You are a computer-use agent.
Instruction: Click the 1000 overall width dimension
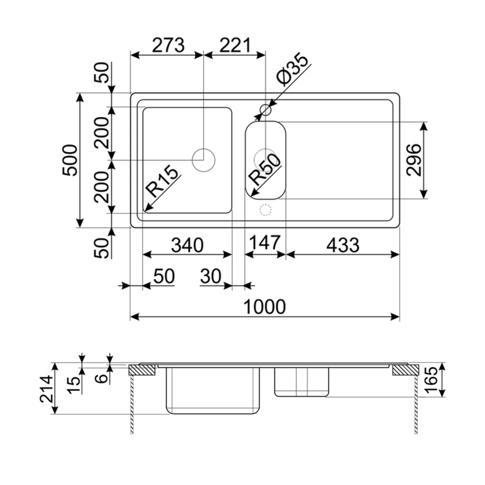[265, 307]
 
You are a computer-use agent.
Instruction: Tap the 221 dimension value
[235, 45]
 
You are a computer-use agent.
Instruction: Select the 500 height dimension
[70, 160]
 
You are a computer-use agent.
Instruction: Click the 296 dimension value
[413, 160]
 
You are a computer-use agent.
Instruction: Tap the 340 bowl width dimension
[187, 245]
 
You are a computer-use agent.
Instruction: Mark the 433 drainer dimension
[343, 245]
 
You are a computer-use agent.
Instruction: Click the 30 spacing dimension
[211, 276]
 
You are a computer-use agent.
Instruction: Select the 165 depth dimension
[432, 380]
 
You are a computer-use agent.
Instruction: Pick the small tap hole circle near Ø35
[265, 109]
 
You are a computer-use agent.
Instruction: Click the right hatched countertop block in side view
[405, 370]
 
